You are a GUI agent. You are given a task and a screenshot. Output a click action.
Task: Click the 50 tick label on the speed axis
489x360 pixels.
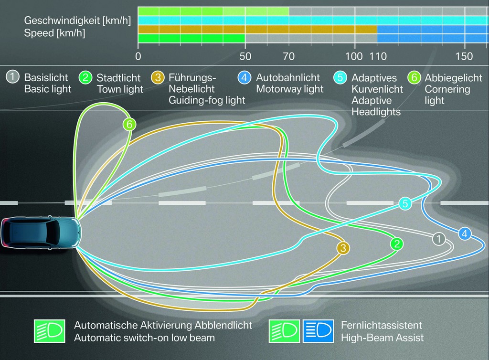point(245,56)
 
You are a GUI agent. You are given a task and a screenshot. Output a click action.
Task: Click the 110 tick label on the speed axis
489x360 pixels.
point(378,56)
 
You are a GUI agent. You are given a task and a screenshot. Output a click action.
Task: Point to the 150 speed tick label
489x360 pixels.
point(464,56)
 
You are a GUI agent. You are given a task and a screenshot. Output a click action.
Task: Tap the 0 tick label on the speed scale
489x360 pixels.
point(138,56)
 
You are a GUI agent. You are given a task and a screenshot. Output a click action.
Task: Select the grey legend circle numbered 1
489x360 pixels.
point(12,77)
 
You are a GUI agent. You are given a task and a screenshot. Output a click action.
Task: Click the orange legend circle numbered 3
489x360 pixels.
point(158,77)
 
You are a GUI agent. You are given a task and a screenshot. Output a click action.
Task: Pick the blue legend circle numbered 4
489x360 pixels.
point(244,77)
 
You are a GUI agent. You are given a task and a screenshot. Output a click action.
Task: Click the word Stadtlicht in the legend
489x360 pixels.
point(118,78)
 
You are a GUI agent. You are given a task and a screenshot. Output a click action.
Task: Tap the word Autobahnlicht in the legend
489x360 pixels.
point(288,77)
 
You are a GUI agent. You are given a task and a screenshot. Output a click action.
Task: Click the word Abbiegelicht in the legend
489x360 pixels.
point(453,78)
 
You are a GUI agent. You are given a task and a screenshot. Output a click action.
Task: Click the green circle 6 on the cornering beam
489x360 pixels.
point(129,125)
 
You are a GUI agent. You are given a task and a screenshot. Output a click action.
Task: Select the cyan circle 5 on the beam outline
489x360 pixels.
point(405,203)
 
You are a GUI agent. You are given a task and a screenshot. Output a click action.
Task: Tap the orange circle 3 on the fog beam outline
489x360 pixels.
point(343,248)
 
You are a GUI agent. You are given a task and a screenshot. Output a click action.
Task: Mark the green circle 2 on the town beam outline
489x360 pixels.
point(397,244)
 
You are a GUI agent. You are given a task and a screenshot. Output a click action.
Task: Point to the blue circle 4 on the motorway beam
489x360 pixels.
point(465,233)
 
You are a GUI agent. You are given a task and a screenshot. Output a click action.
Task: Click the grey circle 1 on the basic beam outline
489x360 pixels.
point(438,239)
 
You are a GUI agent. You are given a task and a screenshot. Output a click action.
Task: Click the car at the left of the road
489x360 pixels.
point(41,232)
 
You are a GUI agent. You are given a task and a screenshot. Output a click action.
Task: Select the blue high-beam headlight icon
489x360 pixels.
point(318,331)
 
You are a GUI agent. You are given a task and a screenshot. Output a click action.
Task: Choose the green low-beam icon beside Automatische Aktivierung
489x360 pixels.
point(50,331)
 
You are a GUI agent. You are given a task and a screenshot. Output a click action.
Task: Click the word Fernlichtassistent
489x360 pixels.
point(382,325)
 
